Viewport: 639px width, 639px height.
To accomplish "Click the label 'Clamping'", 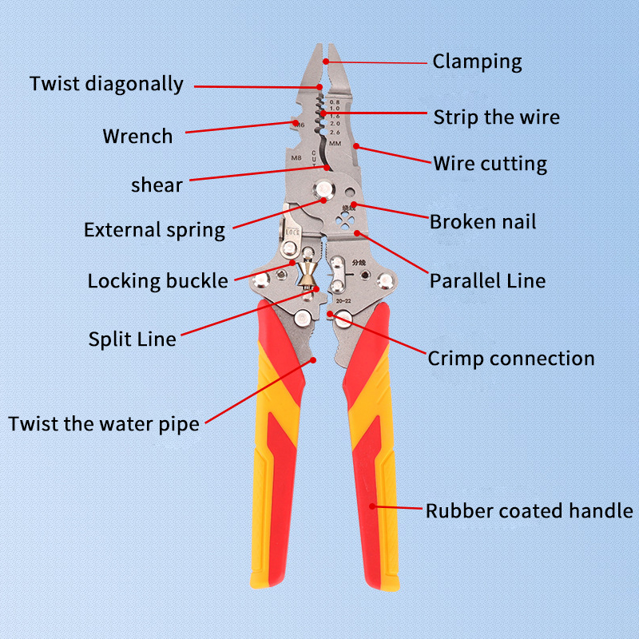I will pyautogui.click(x=477, y=62).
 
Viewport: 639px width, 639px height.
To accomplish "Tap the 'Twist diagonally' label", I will pyautogui.click(x=107, y=84).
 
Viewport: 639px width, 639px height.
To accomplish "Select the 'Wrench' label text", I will pyautogui.click(x=137, y=137).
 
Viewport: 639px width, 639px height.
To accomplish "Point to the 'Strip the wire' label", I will pyautogui.click(x=496, y=117).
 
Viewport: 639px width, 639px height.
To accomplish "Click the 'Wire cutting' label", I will pyautogui.click(x=490, y=165).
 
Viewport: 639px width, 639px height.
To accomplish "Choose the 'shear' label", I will pyautogui.click(x=157, y=185).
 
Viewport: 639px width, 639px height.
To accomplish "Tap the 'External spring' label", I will pyautogui.click(x=154, y=230).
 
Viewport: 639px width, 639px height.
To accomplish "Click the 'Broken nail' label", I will pyautogui.click(x=482, y=221).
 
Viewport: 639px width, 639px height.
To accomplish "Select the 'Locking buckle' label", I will pyautogui.click(x=157, y=281).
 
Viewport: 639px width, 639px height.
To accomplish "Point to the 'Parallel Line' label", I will pyautogui.click(x=487, y=280).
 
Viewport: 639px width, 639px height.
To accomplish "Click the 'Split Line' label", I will pyautogui.click(x=132, y=339).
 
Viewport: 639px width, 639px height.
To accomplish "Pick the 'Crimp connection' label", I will pyautogui.click(x=510, y=358).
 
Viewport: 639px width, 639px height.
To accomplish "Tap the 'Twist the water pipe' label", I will pyautogui.click(x=104, y=423).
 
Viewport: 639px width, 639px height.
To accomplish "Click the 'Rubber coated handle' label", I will pyautogui.click(x=529, y=510).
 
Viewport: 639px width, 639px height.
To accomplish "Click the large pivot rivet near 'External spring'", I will pyautogui.click(x=324, y=189).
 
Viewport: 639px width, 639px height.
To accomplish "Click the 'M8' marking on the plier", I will pyautogui.click(x=295, y=158).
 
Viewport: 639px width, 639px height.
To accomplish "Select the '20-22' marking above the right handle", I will pyautogui.click(x=344, y=300).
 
